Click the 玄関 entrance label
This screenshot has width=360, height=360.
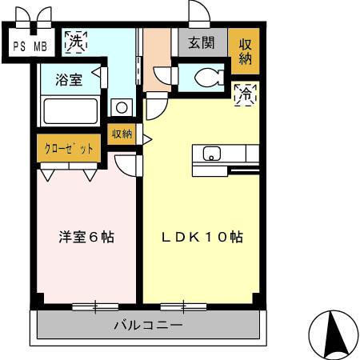(x=201, y=43)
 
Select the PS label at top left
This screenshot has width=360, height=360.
(x=18, y=46)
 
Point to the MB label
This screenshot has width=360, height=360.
(x=38, y=46)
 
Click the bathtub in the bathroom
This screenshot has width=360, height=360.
(x=70, y=110)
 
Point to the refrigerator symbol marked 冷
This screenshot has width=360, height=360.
(x=245, y=94)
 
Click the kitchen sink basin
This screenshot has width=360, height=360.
(x=213, y=154)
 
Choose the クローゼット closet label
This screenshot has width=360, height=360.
(x=69, y=149)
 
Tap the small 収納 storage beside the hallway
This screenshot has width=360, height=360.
(x=122, y=134)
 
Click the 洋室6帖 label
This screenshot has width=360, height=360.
(x=86, y=238)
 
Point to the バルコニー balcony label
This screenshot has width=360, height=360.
(x=147, y=326)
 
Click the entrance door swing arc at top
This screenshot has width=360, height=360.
(x=198, y=13)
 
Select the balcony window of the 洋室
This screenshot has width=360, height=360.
(x=95, y=306)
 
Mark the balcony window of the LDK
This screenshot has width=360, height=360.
(x=183, y=306)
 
